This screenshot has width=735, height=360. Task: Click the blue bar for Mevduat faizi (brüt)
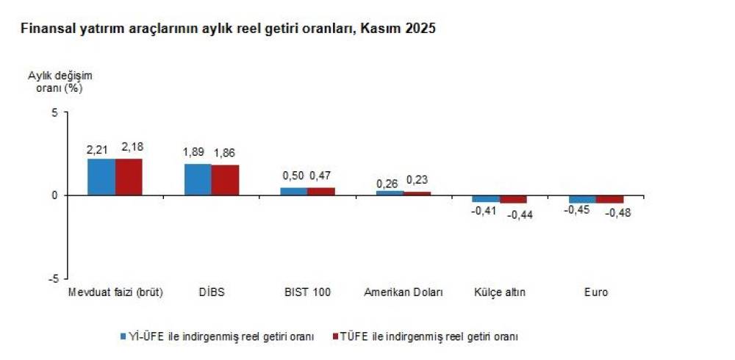[x=101, y=177]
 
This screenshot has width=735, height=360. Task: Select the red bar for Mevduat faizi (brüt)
[x=129, y=177]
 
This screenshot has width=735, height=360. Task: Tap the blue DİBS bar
[x=198, y=179]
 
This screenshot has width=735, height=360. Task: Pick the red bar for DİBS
[x=225, y=180]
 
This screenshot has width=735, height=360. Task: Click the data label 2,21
[x=98, y=150]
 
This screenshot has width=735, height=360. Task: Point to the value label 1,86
[x=224, y=153]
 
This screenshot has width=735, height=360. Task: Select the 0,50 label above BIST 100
[x=293, y=176]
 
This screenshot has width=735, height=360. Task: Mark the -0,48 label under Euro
[x=617, y=213]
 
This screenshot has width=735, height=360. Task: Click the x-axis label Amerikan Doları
[x=404, y=292]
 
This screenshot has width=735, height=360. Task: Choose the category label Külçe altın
[x=500, y=292]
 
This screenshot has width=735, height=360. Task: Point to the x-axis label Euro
[x=596, y=292]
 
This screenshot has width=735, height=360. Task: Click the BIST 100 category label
[x=307, y=292]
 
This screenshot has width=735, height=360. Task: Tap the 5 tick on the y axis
[x=54, y=112]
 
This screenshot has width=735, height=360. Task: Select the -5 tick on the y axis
[x=52, y=278]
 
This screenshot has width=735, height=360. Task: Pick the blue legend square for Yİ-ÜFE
[x=123, y=337]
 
